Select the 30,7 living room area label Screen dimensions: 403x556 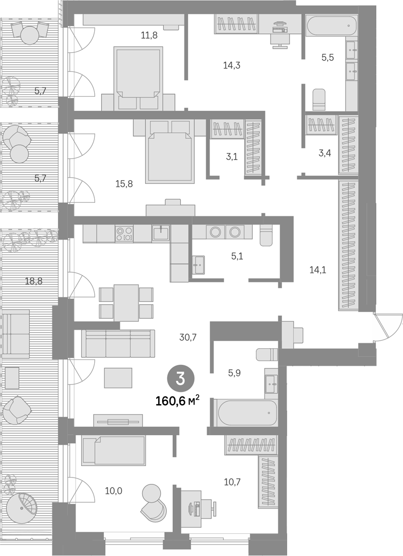188,337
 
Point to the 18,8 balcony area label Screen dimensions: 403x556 34,281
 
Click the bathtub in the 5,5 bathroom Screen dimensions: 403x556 331,26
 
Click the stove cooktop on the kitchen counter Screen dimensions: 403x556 124,233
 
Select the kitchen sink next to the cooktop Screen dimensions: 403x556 161,233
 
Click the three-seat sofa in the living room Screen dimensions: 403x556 118,343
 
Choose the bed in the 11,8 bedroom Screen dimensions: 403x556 138,78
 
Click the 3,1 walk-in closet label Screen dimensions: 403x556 232,156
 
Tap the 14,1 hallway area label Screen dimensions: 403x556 318,270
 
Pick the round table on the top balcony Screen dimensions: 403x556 29,35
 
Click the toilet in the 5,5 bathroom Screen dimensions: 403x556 318,100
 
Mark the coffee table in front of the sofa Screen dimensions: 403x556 118,378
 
